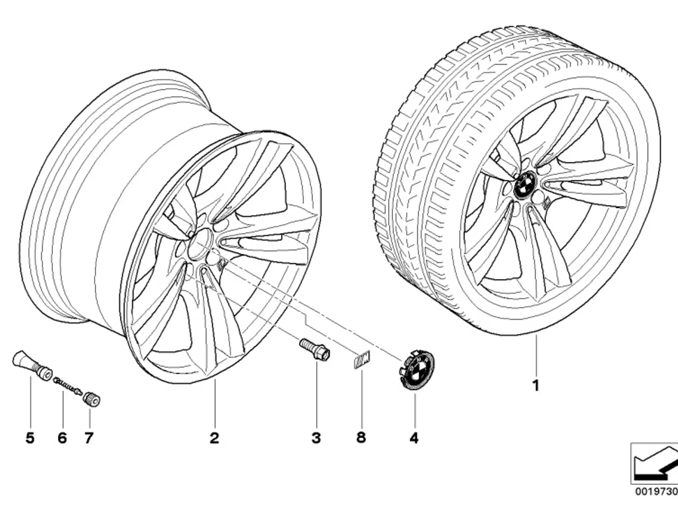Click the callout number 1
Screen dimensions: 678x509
click(536, 385)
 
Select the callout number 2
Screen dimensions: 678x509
click(214, 438)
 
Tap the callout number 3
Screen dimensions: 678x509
click(316, 438)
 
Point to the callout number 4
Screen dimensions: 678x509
click(414, 438)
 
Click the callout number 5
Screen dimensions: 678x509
click(30, 438)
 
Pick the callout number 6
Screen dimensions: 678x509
click(62, 438)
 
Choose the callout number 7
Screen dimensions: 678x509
click(89, 438)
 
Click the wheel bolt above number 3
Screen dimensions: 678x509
click(315, 349)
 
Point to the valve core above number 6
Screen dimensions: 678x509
click(67, 386)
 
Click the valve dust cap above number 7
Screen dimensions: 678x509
click(91, 399)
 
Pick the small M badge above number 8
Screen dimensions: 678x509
click(362, 359)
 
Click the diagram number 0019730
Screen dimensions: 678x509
click(656, 492)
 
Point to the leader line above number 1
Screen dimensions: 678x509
click(536, 355)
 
